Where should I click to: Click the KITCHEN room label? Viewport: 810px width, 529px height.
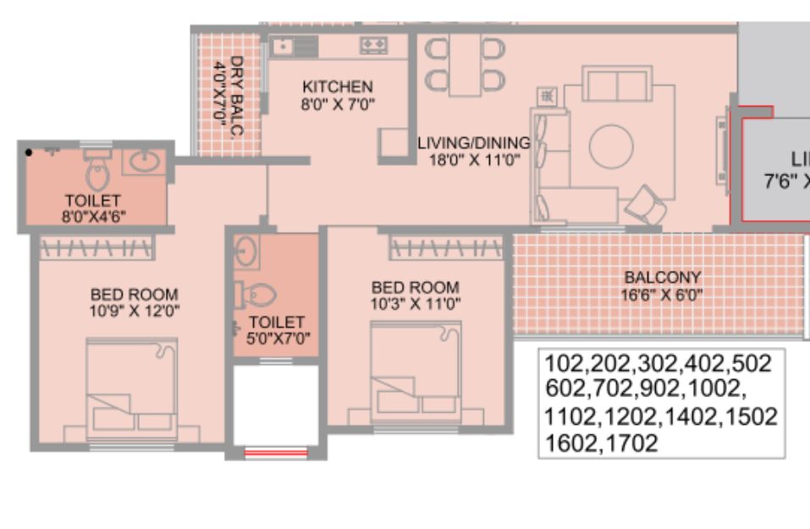click(338, 86)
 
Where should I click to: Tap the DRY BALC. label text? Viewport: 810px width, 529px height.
click(236, 96)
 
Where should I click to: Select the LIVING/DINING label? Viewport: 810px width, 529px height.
click(474, 142)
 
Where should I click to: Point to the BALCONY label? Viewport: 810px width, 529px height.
click(662, 278)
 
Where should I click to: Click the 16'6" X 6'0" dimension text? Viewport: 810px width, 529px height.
click(662, 295)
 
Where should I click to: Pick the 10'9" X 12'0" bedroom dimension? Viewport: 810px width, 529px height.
click(135, 311)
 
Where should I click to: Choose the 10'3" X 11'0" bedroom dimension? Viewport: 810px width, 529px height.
click(416, 304)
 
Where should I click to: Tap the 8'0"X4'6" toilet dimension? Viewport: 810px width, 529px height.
click(93, 217)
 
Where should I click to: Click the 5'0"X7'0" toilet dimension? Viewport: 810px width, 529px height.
click(278, 339)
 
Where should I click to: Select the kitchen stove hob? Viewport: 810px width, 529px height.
click(374, 45)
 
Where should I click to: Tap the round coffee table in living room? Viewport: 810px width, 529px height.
click(611, 146)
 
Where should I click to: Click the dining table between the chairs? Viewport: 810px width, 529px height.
click(465, 64)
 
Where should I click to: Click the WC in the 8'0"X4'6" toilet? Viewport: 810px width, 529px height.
click(97, 170)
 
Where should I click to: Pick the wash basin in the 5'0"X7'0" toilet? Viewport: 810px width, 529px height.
click(246, 251)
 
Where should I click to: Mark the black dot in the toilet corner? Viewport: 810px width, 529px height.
click(29, 152)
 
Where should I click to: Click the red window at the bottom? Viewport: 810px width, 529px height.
click(276, 453)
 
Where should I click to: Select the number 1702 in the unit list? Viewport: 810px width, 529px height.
click(631, 444)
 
